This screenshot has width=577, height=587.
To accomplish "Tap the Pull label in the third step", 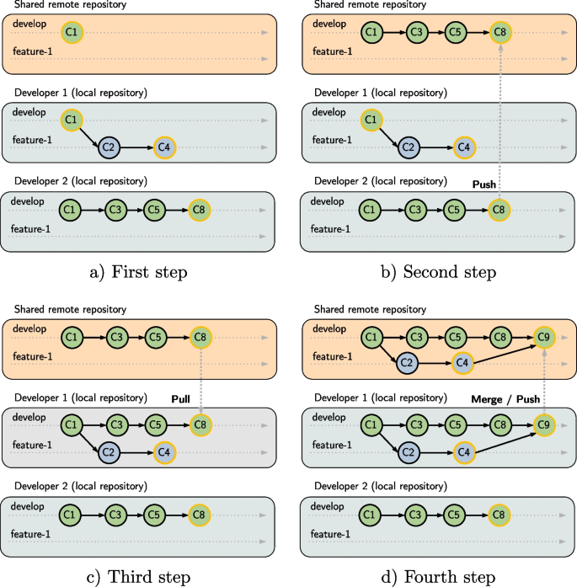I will pyautogui.click(x=184, y=398).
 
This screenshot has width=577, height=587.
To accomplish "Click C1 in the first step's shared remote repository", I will pyautogui.click(x=72, y=33).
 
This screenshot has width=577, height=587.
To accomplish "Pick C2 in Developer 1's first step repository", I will pyautogui.click(x=108, y=147).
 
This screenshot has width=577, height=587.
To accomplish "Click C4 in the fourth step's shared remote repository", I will pyautogui.click(x=462, y=363).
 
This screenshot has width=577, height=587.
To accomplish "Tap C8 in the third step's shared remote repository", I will pyautogui.click(x=201, y=338).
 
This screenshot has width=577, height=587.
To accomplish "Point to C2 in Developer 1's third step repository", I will pyautogui.click(x=108, y=451).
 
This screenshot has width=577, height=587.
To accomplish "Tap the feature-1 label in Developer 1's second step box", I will pyautogui.click(x=329, y=140).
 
